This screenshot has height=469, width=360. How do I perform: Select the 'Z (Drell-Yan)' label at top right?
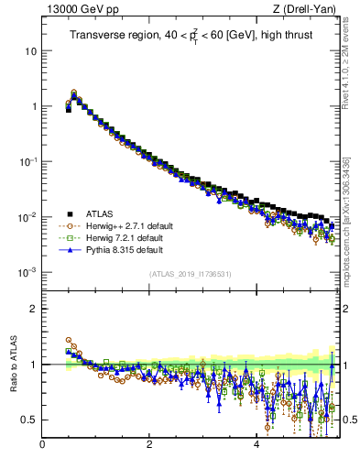coord(309,10)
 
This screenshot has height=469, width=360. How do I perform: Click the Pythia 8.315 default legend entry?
coord(117,249)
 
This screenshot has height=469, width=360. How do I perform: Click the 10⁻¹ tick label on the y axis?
coord(28,162)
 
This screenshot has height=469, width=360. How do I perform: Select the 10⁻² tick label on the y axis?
coord(28,217)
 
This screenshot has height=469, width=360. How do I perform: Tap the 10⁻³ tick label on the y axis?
coord(28,273)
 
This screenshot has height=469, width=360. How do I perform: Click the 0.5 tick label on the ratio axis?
coord(27,420)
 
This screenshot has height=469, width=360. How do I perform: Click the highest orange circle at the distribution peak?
coord(74,93)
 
